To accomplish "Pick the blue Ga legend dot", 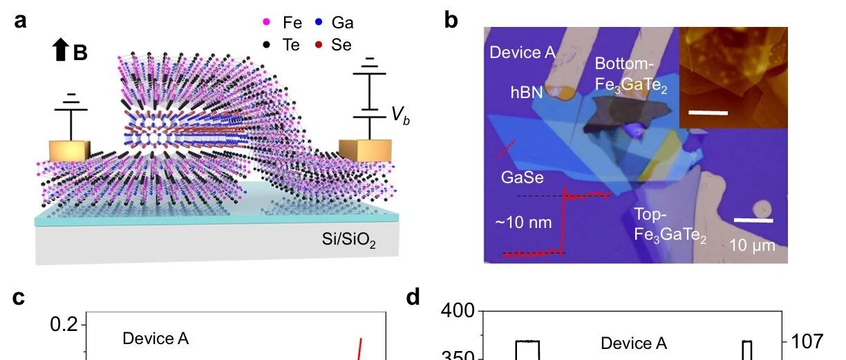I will tap(322, 23).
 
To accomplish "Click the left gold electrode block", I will tap(70, 151).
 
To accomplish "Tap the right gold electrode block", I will tap(364, 150).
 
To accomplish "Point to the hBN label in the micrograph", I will tap(526, 94).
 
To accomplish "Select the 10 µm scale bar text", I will tap(752, 245).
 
